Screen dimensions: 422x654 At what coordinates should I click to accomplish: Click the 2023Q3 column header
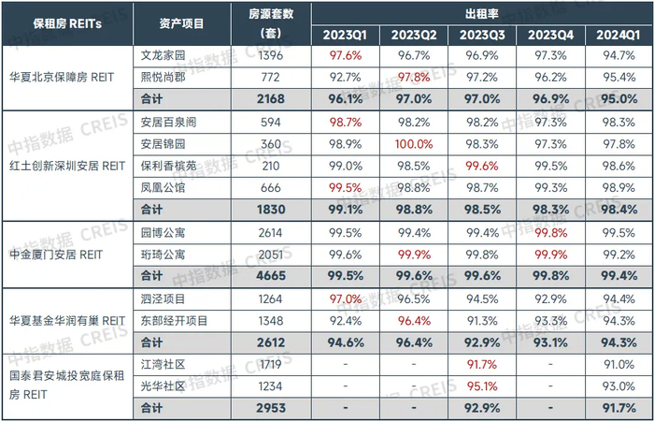click(x=482, y=35)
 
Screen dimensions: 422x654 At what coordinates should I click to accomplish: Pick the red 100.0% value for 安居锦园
click(x=414, y=144)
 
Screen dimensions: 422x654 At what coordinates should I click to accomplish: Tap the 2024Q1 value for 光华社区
click(x=618, y=386)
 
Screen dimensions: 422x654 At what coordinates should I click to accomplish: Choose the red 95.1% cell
click(x=482, y=386)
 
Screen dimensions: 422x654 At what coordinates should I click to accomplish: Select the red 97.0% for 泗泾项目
click(x=345, y=298)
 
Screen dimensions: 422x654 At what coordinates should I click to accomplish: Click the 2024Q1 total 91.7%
click(x=618, y=408)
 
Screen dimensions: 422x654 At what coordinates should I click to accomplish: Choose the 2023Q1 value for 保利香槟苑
click(x=345, y=166)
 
